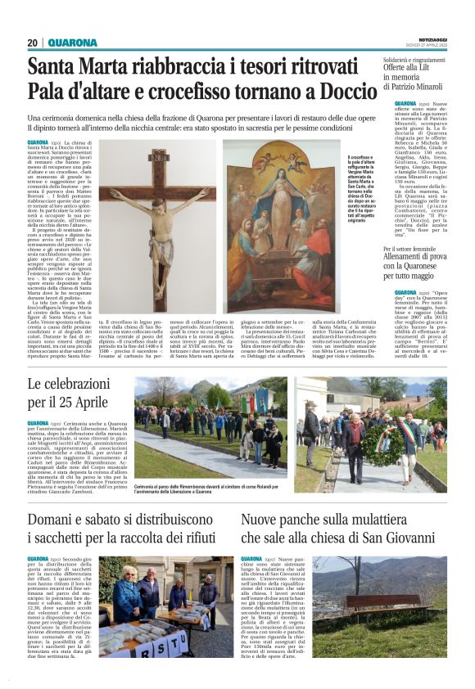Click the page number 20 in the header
(33, 43)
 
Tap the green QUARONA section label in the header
(72, 43)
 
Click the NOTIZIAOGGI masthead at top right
(428, 38)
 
